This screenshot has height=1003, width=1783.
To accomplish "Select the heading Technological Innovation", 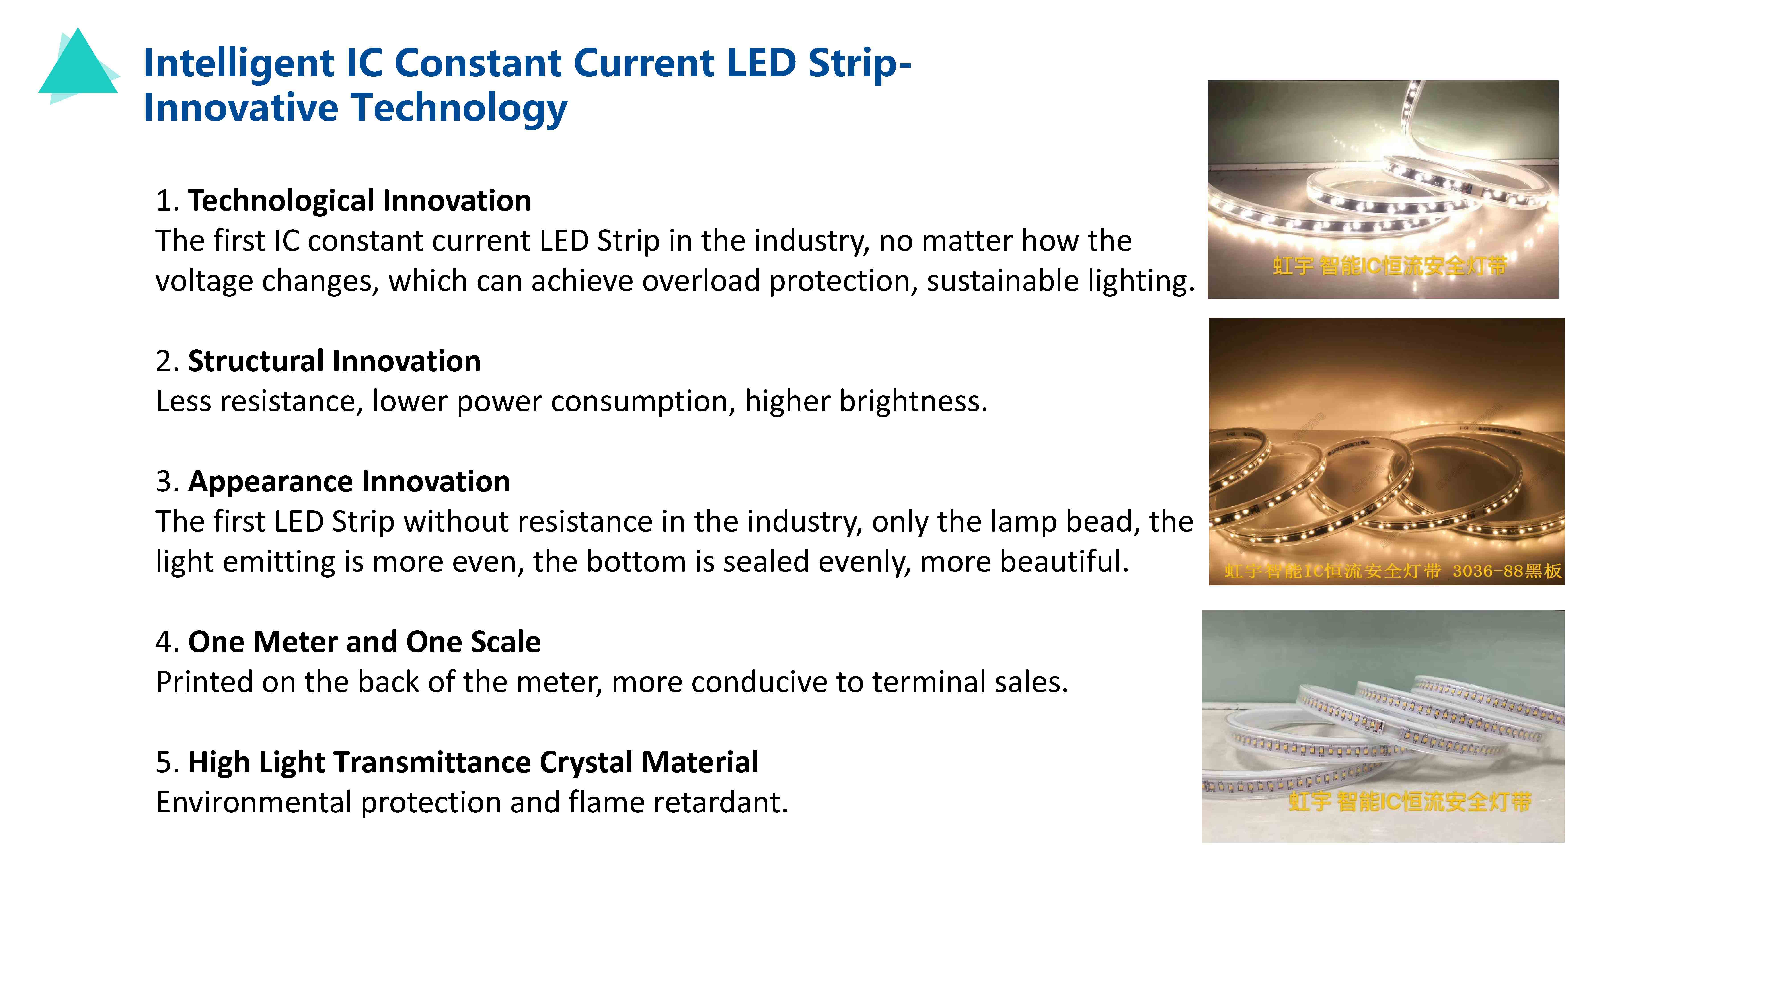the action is point(359,201).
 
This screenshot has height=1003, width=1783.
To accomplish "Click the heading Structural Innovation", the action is point(334,361).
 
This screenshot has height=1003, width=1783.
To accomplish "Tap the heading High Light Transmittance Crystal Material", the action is point(473,762).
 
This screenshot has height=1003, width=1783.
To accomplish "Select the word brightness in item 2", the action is point(914,401).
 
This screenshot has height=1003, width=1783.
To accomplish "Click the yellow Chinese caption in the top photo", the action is point(1390,265).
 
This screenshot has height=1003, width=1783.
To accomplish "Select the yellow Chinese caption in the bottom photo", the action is point(1410,802).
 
